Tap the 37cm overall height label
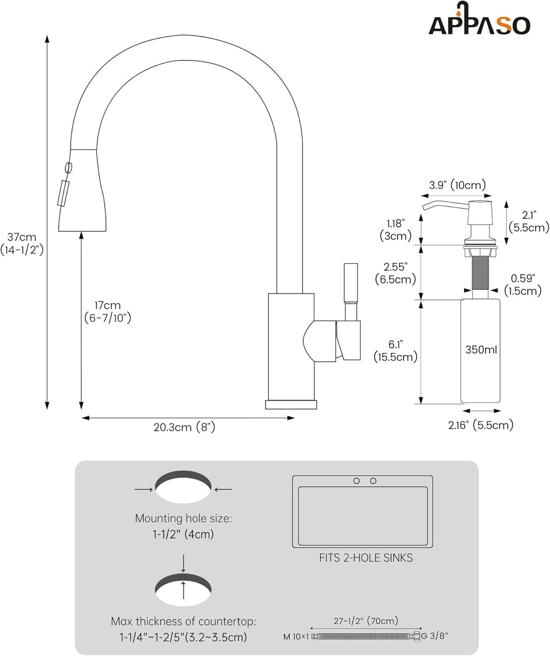click(22, 243)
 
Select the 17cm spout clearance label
click(107, 312)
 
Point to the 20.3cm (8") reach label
click(184, 427)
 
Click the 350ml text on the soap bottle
click(481, 350)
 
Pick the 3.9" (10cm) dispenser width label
click(457, 185)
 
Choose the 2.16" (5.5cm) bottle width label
click(481, 425)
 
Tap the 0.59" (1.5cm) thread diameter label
click(522, 285)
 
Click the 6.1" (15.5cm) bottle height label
click(396, 350)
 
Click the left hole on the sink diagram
click(356, 481)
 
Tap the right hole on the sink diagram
click(373, 481)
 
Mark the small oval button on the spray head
click(68, 168)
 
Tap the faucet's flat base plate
click(291, 404)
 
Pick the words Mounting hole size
click(183, 518)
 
